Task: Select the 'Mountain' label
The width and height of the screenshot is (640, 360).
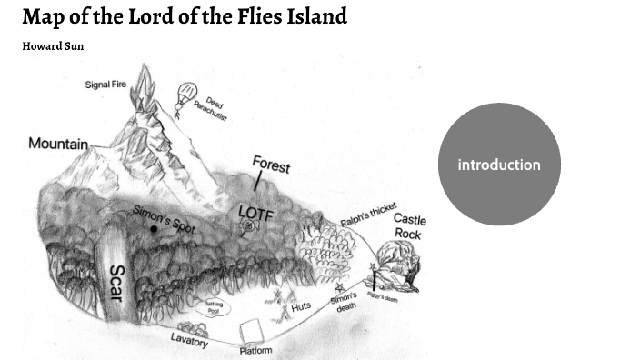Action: coord(58,144)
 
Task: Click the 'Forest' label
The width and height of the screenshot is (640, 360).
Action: coord(271,165)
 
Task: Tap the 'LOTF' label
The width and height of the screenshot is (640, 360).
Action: coord(255,212)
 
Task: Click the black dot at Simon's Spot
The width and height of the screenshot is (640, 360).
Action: coord(154,229)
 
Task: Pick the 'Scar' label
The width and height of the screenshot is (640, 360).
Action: coord(116,283)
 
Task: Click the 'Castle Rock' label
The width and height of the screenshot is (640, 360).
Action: coord(409,226)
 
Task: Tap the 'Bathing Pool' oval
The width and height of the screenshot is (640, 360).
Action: coord(214,307)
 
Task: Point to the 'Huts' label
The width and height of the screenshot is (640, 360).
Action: coord(301,307)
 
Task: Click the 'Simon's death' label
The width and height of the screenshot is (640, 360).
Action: coord(344,302)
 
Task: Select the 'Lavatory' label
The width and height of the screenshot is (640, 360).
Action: coord(189,340)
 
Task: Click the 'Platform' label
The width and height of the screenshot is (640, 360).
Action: coord(255,350)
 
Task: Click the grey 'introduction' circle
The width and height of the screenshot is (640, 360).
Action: coord(499,165)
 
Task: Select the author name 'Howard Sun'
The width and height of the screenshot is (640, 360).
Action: coord(53,45)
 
